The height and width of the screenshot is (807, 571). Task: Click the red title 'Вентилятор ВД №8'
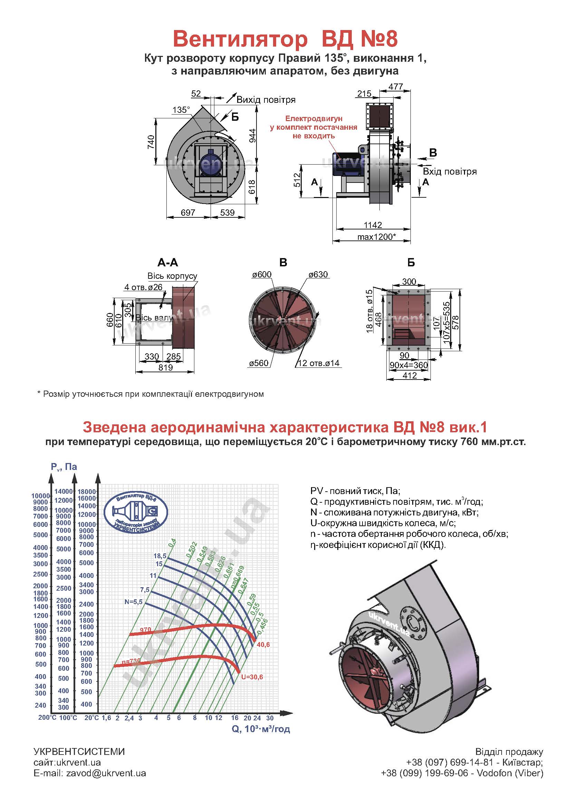click(x=285, y=39)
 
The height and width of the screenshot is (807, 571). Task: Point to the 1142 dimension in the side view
click(x=373, y=225)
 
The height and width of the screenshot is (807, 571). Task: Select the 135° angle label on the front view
click(x=181, y=110)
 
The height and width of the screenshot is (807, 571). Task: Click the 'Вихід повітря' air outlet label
click(x=266, y=100)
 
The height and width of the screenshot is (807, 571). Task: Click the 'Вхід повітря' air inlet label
click(x=450, y=171)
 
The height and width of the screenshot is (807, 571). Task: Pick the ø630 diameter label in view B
click(x=318, y=275)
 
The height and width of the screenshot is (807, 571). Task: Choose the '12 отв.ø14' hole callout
click(x=319, y=363)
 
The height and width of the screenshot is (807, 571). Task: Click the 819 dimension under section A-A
click(x=166, y=367)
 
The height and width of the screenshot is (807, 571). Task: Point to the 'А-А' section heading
click(x=168, y=263)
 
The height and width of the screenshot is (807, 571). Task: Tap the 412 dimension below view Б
click(x=410, y=375)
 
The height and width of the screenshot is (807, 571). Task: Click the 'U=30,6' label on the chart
click(x=252, y=677)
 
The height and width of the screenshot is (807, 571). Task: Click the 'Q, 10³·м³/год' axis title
click(x=261, y=729)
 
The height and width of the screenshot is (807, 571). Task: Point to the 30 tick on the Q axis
click(x=270, y=718)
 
